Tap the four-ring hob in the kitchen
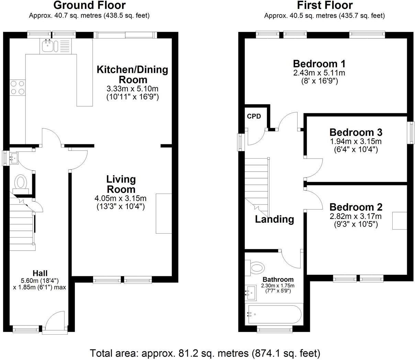(17, 87)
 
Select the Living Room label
(121, 184)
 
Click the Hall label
(40, 273)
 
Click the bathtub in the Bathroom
(273, 314)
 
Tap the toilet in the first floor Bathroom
(256, 267)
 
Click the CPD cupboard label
(254, 116)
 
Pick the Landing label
(274, 219)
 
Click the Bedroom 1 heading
(319, 64)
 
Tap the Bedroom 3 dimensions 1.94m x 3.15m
(355, 141)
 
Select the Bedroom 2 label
(356, 207)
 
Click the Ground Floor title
(89, 5)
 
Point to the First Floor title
(325, 5)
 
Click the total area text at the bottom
(205, 353)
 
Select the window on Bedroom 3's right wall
(411, 133)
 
